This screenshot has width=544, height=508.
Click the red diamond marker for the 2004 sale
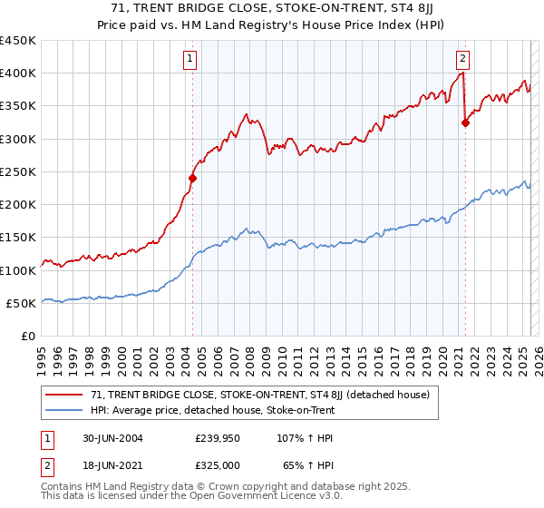(192, 179)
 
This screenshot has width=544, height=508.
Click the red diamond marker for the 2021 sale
(465, 123)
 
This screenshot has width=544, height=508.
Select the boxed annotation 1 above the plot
(190, 60)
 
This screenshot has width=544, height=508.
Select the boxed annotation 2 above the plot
(462, 60)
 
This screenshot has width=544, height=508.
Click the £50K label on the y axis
(22, 303)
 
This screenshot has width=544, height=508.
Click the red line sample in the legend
(64, 395)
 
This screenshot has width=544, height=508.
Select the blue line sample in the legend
(64, 410)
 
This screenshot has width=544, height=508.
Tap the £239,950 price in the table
(218, 438)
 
